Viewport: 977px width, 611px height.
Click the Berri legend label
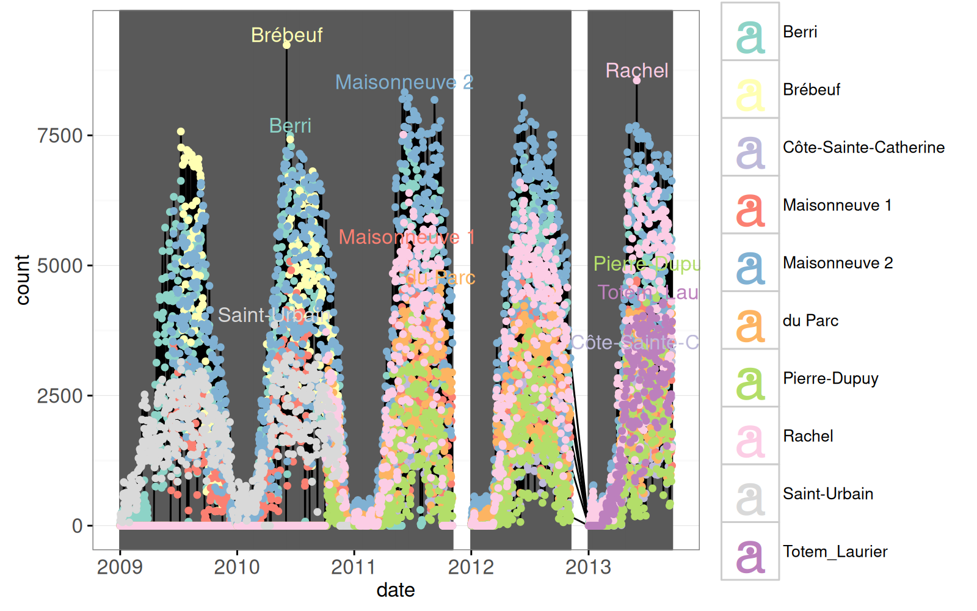point(800,32)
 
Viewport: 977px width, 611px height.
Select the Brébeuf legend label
point(812,90)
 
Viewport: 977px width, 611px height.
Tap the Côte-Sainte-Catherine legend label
point(863,147)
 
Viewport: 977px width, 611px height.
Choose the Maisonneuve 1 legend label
point(837,205)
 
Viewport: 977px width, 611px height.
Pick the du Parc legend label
point(810,321)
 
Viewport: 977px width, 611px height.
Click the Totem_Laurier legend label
point(835,552)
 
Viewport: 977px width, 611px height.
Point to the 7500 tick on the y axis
point(60,136)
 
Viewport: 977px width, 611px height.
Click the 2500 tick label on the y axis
point(60,396)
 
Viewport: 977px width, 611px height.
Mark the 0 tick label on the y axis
point(77,526)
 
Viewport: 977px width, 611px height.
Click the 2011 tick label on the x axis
point(354,567)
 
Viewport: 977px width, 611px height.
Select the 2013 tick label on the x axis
point(588,567)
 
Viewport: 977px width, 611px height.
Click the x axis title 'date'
point(396,590)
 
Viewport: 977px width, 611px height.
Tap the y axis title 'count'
point(23,280)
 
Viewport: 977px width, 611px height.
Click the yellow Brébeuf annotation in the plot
point(286,35)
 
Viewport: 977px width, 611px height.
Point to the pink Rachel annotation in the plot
point(637,70)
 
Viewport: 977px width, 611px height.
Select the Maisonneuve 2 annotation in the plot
point(404,82)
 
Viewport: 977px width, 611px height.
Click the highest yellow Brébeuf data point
point(286,45)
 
